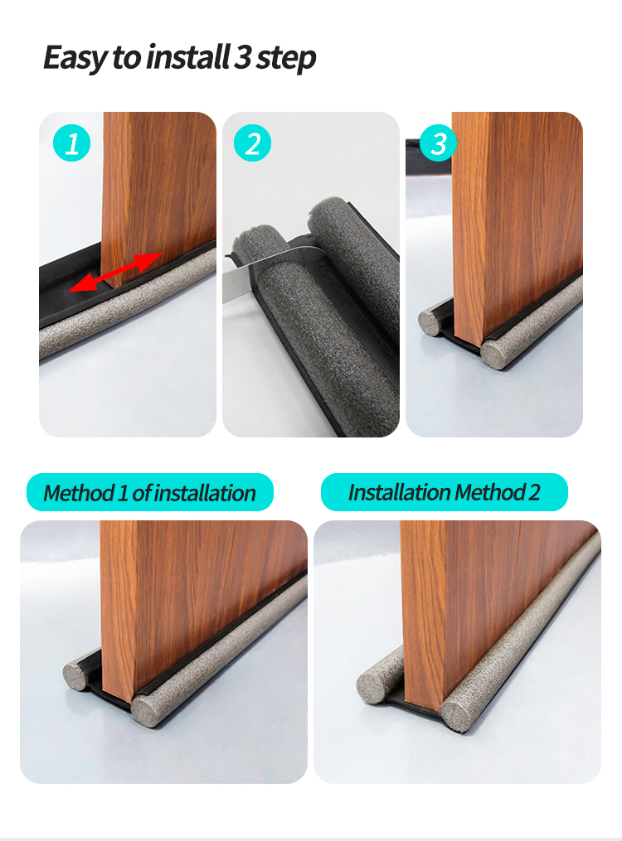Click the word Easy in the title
point(75,58)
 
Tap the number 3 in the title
point(243,56)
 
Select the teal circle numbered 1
point(71,143)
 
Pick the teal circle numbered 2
point(252,143)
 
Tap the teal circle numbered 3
point(438,143)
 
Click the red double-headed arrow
point(115,273)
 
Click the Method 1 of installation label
point(150,492)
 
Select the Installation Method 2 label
point(444,492)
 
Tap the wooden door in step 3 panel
point(518,225)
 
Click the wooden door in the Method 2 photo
point(497,611)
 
